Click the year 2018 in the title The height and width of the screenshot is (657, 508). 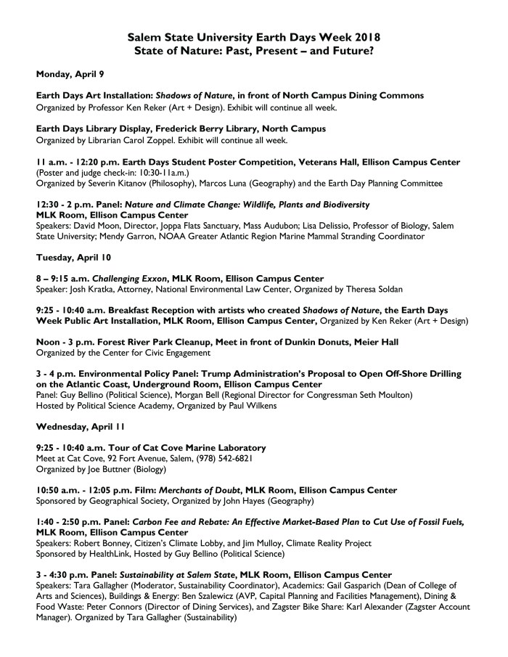pyautogui.click(x=362, y=36)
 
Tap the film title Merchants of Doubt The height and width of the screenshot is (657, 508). pyautogui.click(x=187, y=491)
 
